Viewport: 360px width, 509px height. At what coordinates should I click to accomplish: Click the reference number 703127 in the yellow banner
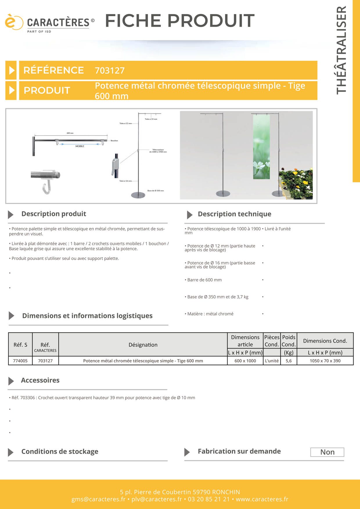[110, 71]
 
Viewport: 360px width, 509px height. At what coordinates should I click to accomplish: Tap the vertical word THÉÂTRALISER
[341, 50]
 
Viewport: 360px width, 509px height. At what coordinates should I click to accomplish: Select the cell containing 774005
[20, 361]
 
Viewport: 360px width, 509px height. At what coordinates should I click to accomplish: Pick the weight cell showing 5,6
[289, 361]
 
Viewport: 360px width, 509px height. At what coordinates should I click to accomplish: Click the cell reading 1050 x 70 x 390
[325, 361]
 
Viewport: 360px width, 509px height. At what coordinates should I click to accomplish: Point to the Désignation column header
[143, 345]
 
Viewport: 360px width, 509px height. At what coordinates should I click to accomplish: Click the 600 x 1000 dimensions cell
[245, 361]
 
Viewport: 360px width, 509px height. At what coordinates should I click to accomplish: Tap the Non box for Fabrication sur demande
[327, 452]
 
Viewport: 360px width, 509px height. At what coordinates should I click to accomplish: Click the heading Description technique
[234, 214]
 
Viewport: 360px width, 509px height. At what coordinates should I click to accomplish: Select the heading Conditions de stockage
[60, 452]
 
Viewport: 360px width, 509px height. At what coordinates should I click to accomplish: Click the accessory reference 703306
[28, 398]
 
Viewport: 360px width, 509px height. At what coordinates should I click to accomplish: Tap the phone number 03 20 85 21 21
[209, 499]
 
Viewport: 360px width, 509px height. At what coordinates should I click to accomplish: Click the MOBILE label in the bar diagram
[80, 146]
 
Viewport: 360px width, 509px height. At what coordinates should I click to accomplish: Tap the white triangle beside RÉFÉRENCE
[12, 70]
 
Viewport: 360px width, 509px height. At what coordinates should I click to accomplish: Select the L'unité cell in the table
[272, 361]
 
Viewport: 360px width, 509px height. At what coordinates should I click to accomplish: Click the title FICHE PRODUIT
[180, 21]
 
